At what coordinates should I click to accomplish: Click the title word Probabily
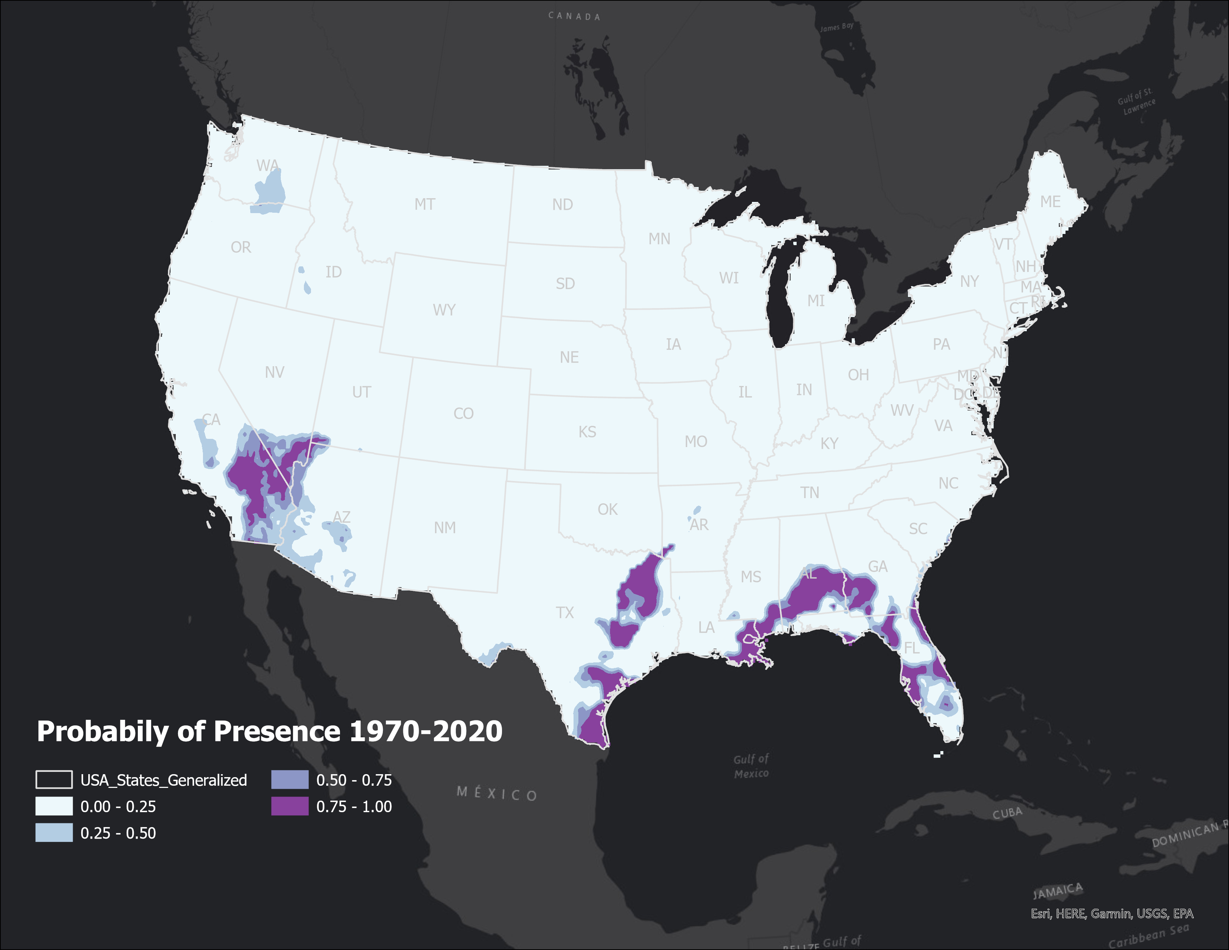(103, 732)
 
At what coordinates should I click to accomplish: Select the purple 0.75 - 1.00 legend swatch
(289, 806)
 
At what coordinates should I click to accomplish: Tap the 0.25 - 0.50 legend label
(118, 833)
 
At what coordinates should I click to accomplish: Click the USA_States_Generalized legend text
(163, 780)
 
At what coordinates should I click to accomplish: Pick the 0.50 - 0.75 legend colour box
(289, 779)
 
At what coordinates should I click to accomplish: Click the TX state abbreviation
(565, 612)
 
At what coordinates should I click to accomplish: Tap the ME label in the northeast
(1050, 202)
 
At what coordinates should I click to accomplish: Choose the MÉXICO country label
(496, 794)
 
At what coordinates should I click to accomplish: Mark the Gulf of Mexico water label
(751, 766)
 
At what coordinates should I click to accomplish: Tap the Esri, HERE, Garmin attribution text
(1111, 914)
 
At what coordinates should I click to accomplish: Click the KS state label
(587, 432)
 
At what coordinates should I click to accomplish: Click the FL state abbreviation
(911, 648)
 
